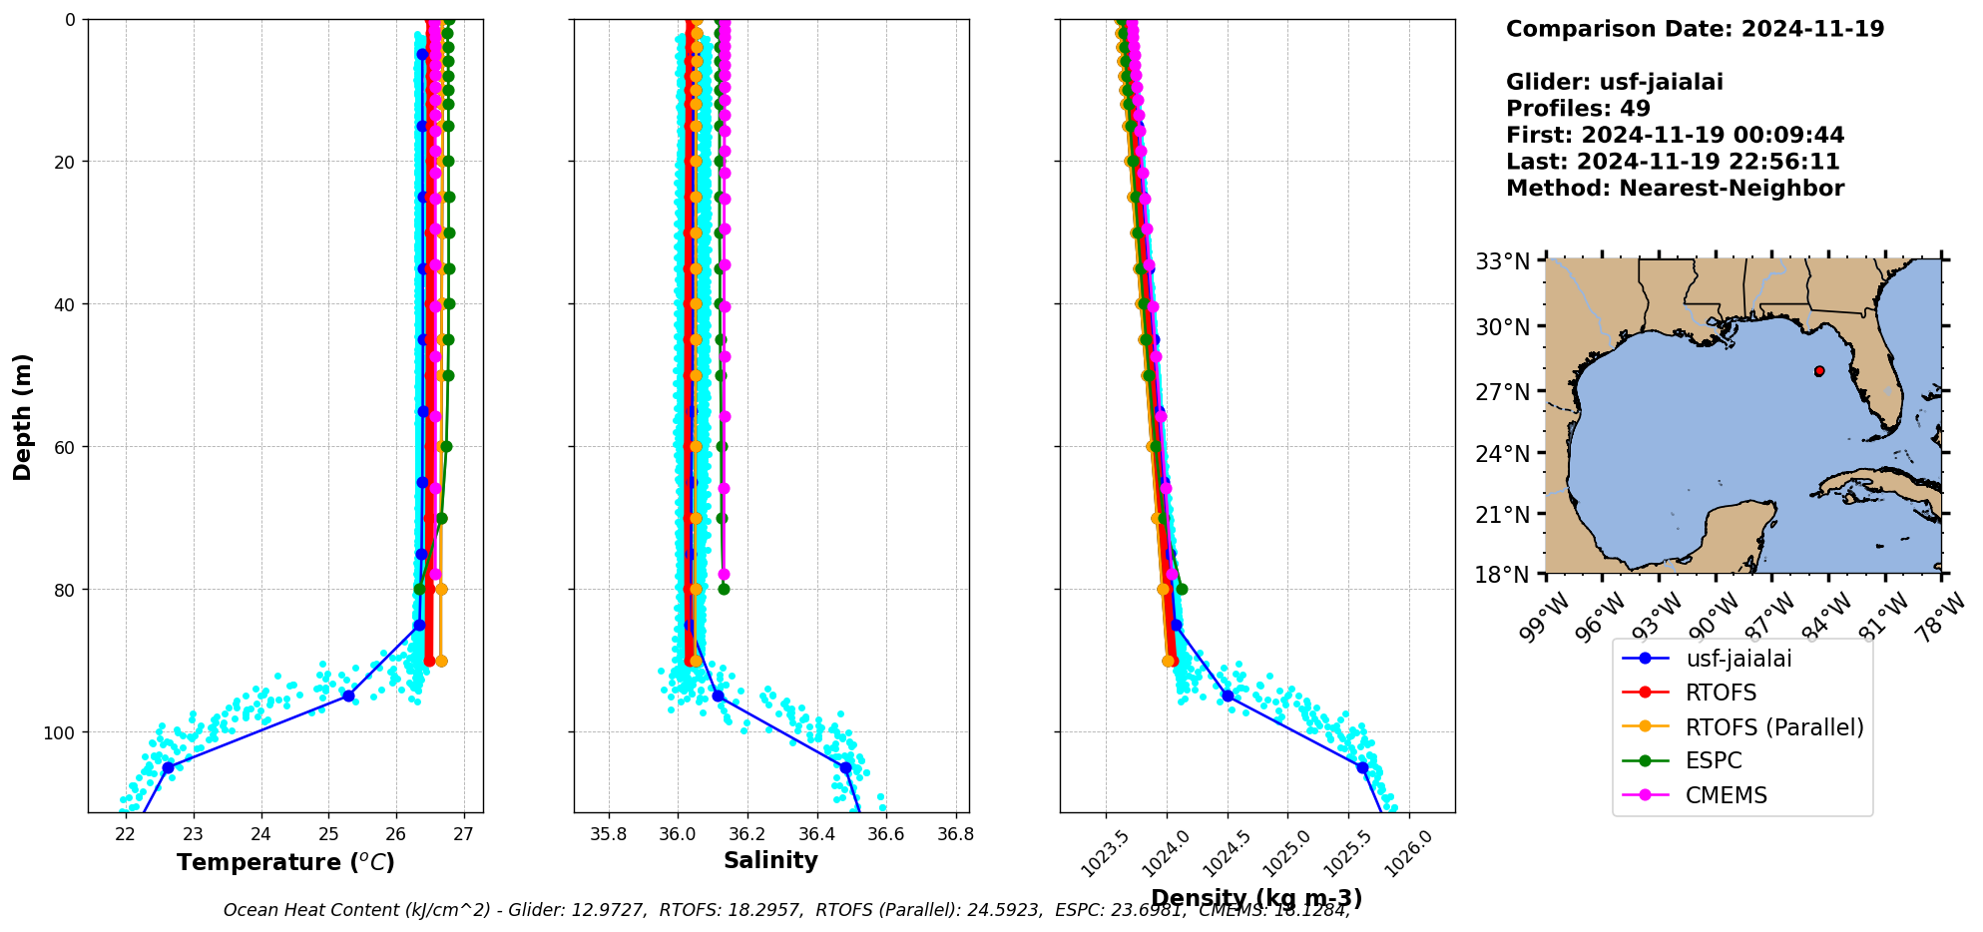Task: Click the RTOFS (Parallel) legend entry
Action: [1773, 727]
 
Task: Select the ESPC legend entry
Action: [1714, 761]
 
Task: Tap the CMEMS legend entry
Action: [1726, 795]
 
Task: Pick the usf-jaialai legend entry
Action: [1738, 659]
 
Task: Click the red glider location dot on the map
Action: [1819, 371]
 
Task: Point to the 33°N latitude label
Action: [1503, 262]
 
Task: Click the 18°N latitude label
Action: [1503, 576]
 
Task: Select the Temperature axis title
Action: [285, 862]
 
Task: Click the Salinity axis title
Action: [770, 861]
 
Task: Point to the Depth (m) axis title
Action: [22, 416]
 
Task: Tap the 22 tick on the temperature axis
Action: [126, 834]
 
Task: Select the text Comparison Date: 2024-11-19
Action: [1695, 29]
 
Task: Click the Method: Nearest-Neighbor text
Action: [1675, 189]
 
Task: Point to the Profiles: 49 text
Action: [1578, 109]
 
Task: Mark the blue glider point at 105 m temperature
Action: [168, 767]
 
